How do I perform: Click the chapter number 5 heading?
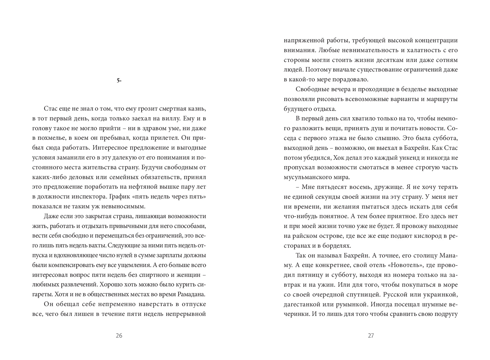(119, 80)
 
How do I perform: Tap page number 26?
(119, 336)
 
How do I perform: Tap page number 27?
(371, 336)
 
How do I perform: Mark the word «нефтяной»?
(148, 187)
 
